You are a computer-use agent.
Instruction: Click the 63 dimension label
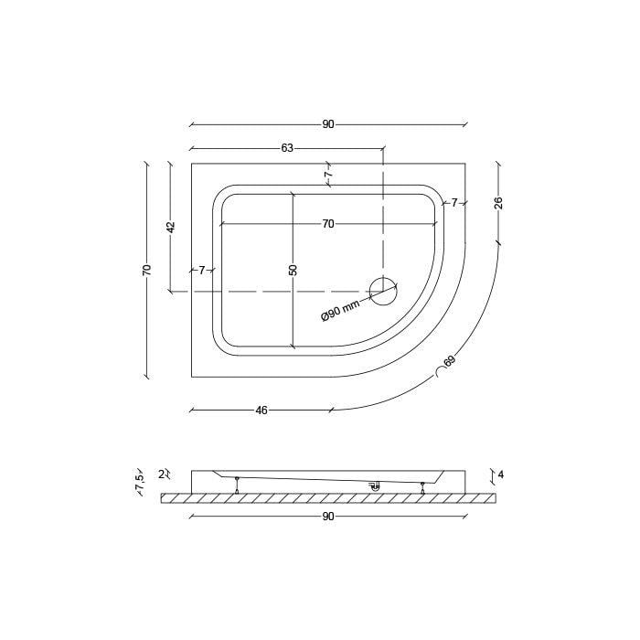point(287,148)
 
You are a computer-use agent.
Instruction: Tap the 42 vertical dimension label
point(171,227)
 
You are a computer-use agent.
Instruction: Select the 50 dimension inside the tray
point(293,271)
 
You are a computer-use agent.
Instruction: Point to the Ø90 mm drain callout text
point(341,311)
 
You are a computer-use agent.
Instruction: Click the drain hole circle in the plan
point(383,291)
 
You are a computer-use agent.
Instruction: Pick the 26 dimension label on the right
point(498,203)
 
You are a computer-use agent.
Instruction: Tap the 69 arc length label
point(449,361)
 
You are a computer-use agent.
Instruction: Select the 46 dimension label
point(261,411)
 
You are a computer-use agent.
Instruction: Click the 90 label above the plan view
point(328,124)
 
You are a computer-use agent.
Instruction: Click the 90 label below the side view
point(328,517)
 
